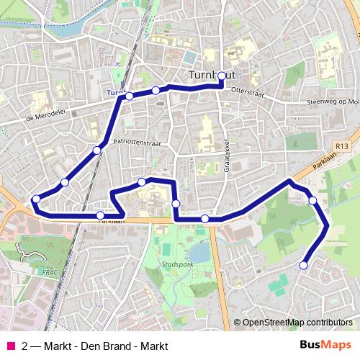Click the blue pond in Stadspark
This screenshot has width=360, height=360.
[199, 251]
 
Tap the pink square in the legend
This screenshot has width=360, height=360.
[9, 346]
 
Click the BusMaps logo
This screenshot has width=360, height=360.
[325, 346]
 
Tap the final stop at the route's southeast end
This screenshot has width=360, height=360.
[302, 265]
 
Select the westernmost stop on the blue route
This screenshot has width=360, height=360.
[35, 199]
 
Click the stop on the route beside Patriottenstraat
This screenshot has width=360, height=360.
[96, 150]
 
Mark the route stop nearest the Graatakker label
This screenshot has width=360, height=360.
[205, 218]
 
